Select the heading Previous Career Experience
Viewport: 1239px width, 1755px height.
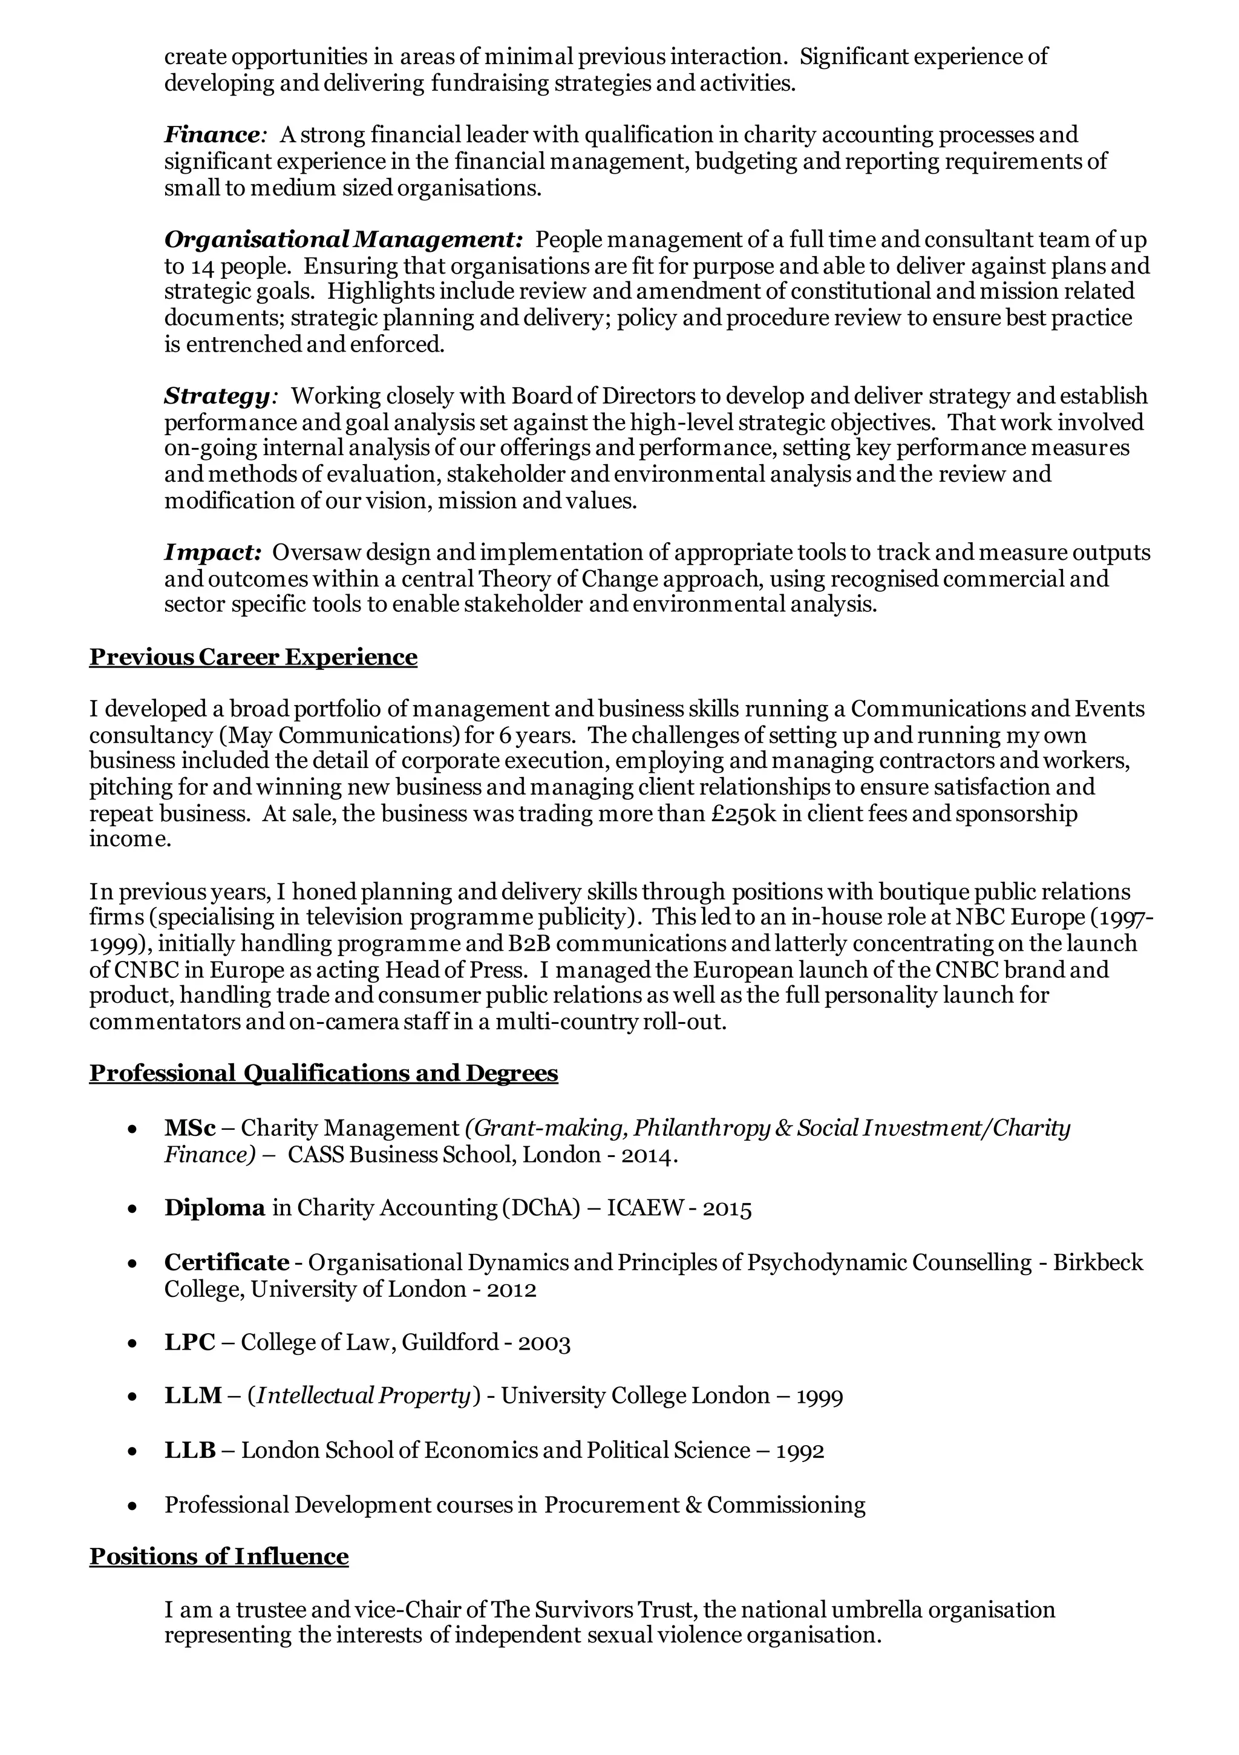tap(253, 657)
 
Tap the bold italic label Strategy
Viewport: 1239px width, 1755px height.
tap(217, 396)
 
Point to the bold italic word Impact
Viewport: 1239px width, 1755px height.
tap(212, 552)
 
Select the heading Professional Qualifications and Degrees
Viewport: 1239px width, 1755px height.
tap(323, 1073)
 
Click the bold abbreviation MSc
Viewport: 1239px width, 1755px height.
tap(189, 1127)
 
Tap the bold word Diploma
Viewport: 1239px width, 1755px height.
tap(215, 1208)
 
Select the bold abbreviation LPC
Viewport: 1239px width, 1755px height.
tap(189, 1342)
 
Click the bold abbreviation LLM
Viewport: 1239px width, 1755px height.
tap(192, 1396)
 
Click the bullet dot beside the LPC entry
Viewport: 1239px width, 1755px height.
tap(133, 1343)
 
